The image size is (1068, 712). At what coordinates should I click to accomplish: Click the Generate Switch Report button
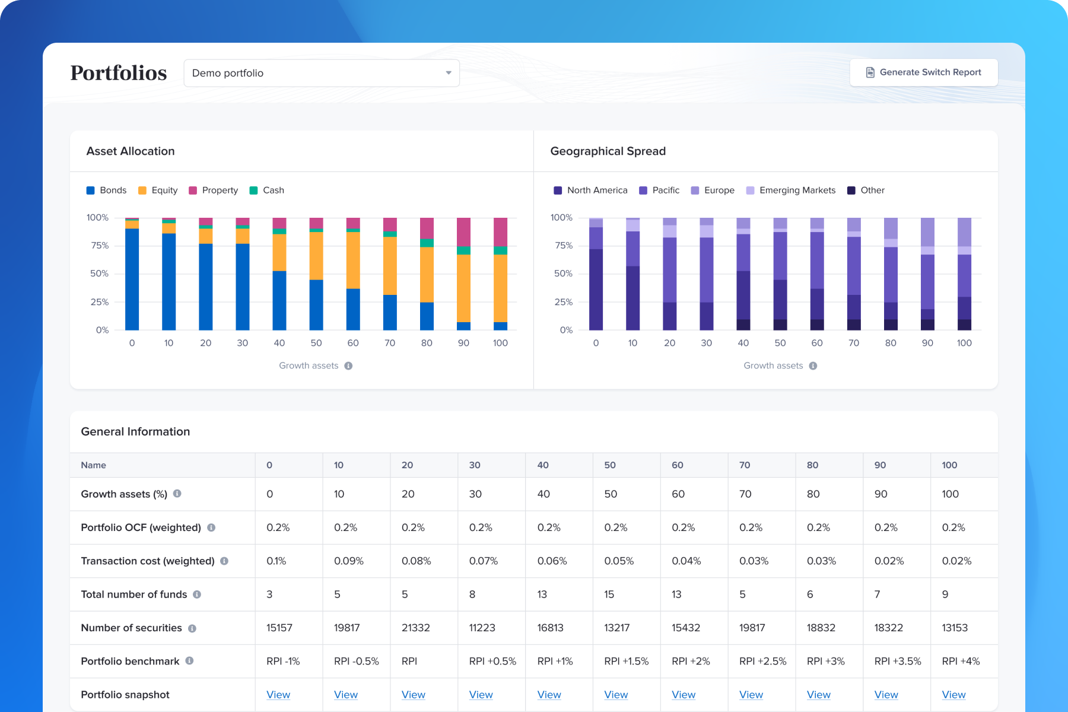[923, 72]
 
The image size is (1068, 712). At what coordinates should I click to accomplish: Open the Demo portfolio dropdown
[322, 73]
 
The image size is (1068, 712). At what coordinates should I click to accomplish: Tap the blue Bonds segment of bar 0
[132, 279]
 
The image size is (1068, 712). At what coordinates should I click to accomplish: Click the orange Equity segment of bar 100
[500, 288]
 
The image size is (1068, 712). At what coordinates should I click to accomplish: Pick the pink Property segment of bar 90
[463, 232]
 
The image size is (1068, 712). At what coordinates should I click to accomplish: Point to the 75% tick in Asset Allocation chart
[99, 246]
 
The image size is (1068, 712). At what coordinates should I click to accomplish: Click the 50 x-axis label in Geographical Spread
[780, 343]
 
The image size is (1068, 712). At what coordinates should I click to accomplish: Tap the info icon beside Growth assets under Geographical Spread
[813, 366]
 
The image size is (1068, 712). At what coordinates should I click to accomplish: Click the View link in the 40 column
[549, 695]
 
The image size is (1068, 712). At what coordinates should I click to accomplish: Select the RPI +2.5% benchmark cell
[762, 661]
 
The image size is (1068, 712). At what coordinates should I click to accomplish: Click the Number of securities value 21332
[415, 628]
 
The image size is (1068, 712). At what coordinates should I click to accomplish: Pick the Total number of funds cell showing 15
[609, 595]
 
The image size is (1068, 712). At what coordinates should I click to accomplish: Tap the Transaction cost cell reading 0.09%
[348, 561]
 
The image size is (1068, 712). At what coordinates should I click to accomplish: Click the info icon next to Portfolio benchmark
[189, 661]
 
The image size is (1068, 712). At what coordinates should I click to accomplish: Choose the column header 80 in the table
[812, 465]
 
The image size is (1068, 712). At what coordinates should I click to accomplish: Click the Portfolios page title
[119, 73]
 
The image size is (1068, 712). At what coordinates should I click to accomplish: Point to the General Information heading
[135, 432]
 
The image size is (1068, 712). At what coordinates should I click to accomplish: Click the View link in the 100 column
[953, 695]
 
